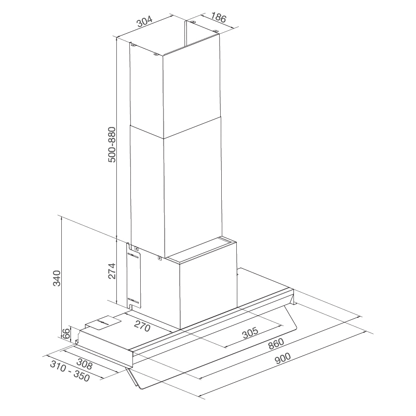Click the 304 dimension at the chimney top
pyautogui.click(x=144, y=22)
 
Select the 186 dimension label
pyautogui.click(x=218, y=19)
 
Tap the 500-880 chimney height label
pyautogui.click(x=111, y=145)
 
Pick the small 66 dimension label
pyautogui.click(x=66, y=334)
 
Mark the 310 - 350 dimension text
pyautogui.click(x=70, y=372)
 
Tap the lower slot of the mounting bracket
pyautogui.click(x=133, y=301)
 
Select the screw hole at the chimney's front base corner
pyautogui.click(x=160, y=256)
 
